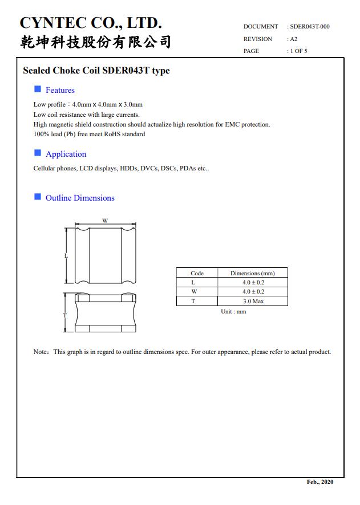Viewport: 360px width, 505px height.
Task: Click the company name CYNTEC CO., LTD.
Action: (x=91, y=23)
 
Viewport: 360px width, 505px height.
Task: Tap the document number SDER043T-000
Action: (x=309, y=26)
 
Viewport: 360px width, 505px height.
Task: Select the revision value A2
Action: (x=293, y=39)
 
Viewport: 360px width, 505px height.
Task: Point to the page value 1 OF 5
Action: (x=298, y=51)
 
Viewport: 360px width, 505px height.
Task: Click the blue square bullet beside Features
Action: (x=38, y=89)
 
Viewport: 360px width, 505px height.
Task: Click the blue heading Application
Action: (x=66, y=154)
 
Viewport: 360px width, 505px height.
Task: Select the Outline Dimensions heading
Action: (x=80, y=198)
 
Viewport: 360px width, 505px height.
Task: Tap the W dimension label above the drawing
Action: (x=105, y=221)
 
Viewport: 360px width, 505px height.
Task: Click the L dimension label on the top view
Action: (x=66, y=256)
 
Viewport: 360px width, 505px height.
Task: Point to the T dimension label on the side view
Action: (x=64, y=315)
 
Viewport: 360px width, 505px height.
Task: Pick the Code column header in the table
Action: (x=197, y=273)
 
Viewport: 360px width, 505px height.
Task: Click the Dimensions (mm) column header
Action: (x=252, y=273)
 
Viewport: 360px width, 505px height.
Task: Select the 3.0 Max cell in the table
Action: (x=253, y=301)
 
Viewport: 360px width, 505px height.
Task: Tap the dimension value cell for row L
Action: (x=253, y=282)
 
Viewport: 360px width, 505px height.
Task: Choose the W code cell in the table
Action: (x=193, y=291)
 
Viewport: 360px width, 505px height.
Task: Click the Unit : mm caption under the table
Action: (x=233, y=312)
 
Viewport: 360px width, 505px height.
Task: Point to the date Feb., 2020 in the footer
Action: (x=319, y=482)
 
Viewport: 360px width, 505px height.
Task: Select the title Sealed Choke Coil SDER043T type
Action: (x=96, y=71)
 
